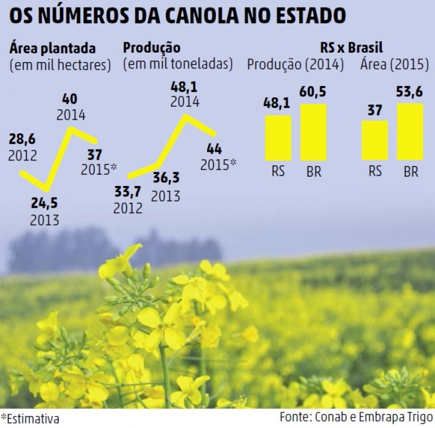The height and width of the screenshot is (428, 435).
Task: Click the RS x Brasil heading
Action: pyautogui.click(x=351, y=48)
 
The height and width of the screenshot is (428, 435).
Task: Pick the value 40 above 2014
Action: pyautogui.click(x=70, y=99)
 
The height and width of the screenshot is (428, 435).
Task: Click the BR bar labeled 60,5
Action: pyautogui.click(x=313, y=132)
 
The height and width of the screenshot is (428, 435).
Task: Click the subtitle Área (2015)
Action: pyautogui.click(x=392, y=65)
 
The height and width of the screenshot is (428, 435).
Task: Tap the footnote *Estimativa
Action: pyautogui.click(x=30, y=419)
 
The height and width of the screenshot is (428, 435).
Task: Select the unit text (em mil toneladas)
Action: pyautogui.click(x=178, y=65)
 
